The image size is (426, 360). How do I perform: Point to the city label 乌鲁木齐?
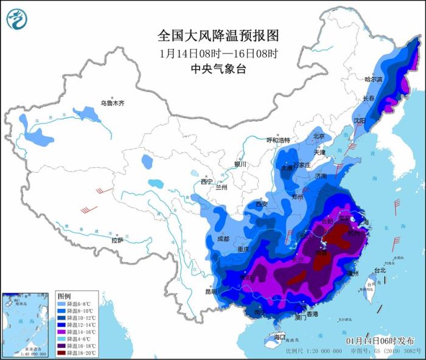[113, 103]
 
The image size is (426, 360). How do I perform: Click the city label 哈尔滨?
[373, 80]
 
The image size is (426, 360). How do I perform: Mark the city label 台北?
[379, 270]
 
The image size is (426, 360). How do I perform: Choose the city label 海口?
[279, 336]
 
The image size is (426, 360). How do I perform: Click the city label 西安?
[262, 204]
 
